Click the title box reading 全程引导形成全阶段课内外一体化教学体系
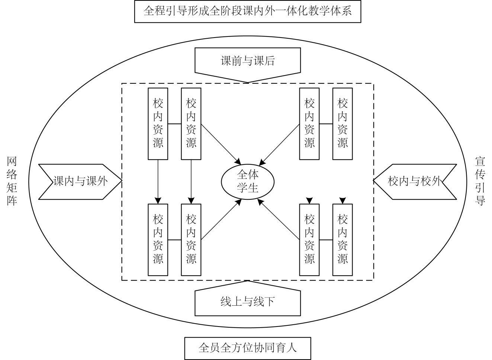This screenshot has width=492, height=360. [247, 12]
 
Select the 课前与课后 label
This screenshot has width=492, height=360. [247, 60]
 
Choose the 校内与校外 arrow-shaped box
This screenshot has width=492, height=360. [414, 181]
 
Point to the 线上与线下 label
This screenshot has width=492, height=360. [247, 302]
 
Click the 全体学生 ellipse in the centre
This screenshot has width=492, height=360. [248, 181]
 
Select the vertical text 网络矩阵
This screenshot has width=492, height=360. [12, 181]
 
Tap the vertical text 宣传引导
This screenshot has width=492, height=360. [480, 181]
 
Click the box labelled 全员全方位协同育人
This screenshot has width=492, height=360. [247, 348]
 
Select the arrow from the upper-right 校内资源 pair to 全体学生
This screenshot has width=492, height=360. [280, 143]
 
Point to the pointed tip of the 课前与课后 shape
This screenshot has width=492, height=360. [248, 81]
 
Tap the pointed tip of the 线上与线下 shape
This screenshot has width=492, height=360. [248, 281]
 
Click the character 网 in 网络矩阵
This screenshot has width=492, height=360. [12, 162]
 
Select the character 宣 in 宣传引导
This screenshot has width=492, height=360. [480, 162]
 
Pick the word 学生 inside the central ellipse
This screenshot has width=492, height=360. [248, 188]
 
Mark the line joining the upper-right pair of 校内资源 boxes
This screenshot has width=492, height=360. [326, 123]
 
